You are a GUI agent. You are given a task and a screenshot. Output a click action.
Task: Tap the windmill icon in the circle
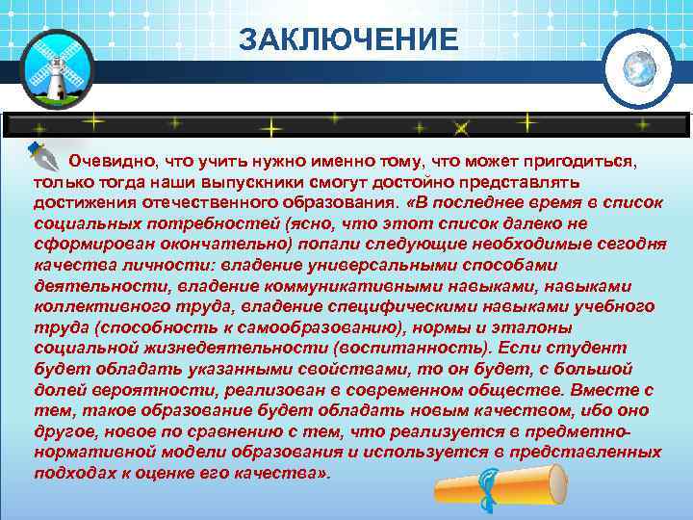[56, 70]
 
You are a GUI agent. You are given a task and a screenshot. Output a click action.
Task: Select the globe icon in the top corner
[637, 68]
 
